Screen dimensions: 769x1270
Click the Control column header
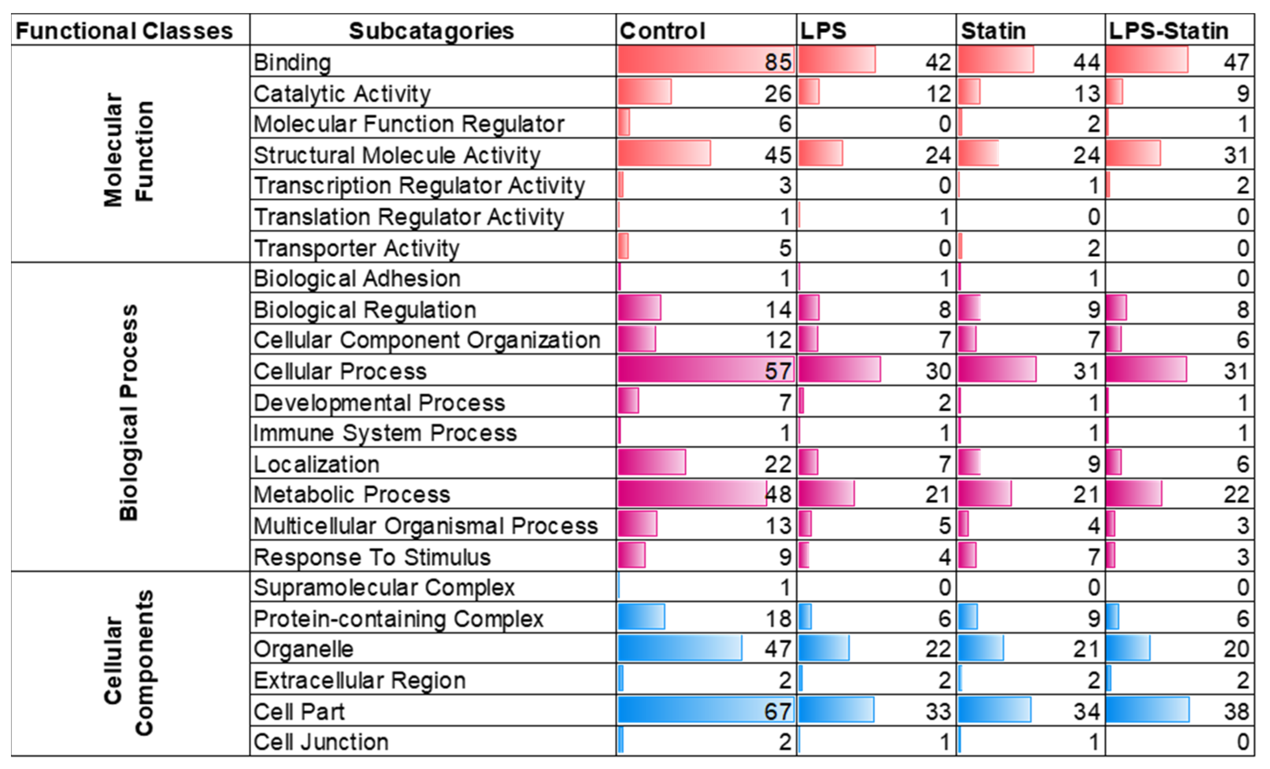click(662, 31)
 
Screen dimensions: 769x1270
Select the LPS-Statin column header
click(1168, 31)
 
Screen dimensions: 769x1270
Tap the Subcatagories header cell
click(431, 31)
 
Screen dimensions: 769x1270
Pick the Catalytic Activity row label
click(342, 94)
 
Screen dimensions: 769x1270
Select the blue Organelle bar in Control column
click(679, 648)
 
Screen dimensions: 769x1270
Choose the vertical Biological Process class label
click(128, 412)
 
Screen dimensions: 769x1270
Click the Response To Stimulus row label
click(372, 557)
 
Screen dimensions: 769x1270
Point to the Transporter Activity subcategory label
click(356, 248)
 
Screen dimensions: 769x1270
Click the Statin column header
click(993, 31)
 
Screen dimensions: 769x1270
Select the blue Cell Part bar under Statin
click(994, 710)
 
